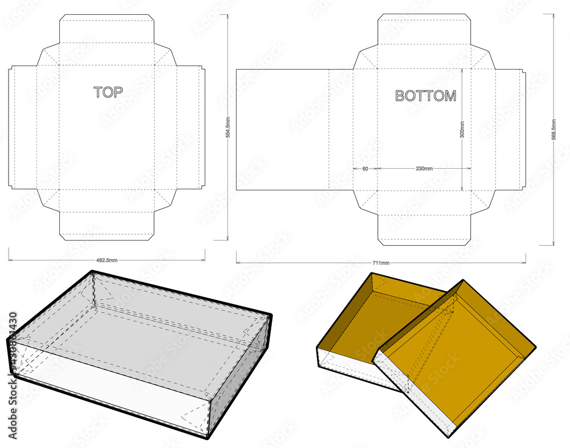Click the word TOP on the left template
pos(108,92)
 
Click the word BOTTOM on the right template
pos(425,96)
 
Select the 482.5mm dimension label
pos(107,260)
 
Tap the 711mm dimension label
pos(381,263)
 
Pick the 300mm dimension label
pos(462,129)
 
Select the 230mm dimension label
pos(424,169)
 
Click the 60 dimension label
pos(365,169)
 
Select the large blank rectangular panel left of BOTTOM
pos(282,129)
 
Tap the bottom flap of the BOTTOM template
pos(424,231)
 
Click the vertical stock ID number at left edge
pos(12,353)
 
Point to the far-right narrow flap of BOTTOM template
pos(523,129)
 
